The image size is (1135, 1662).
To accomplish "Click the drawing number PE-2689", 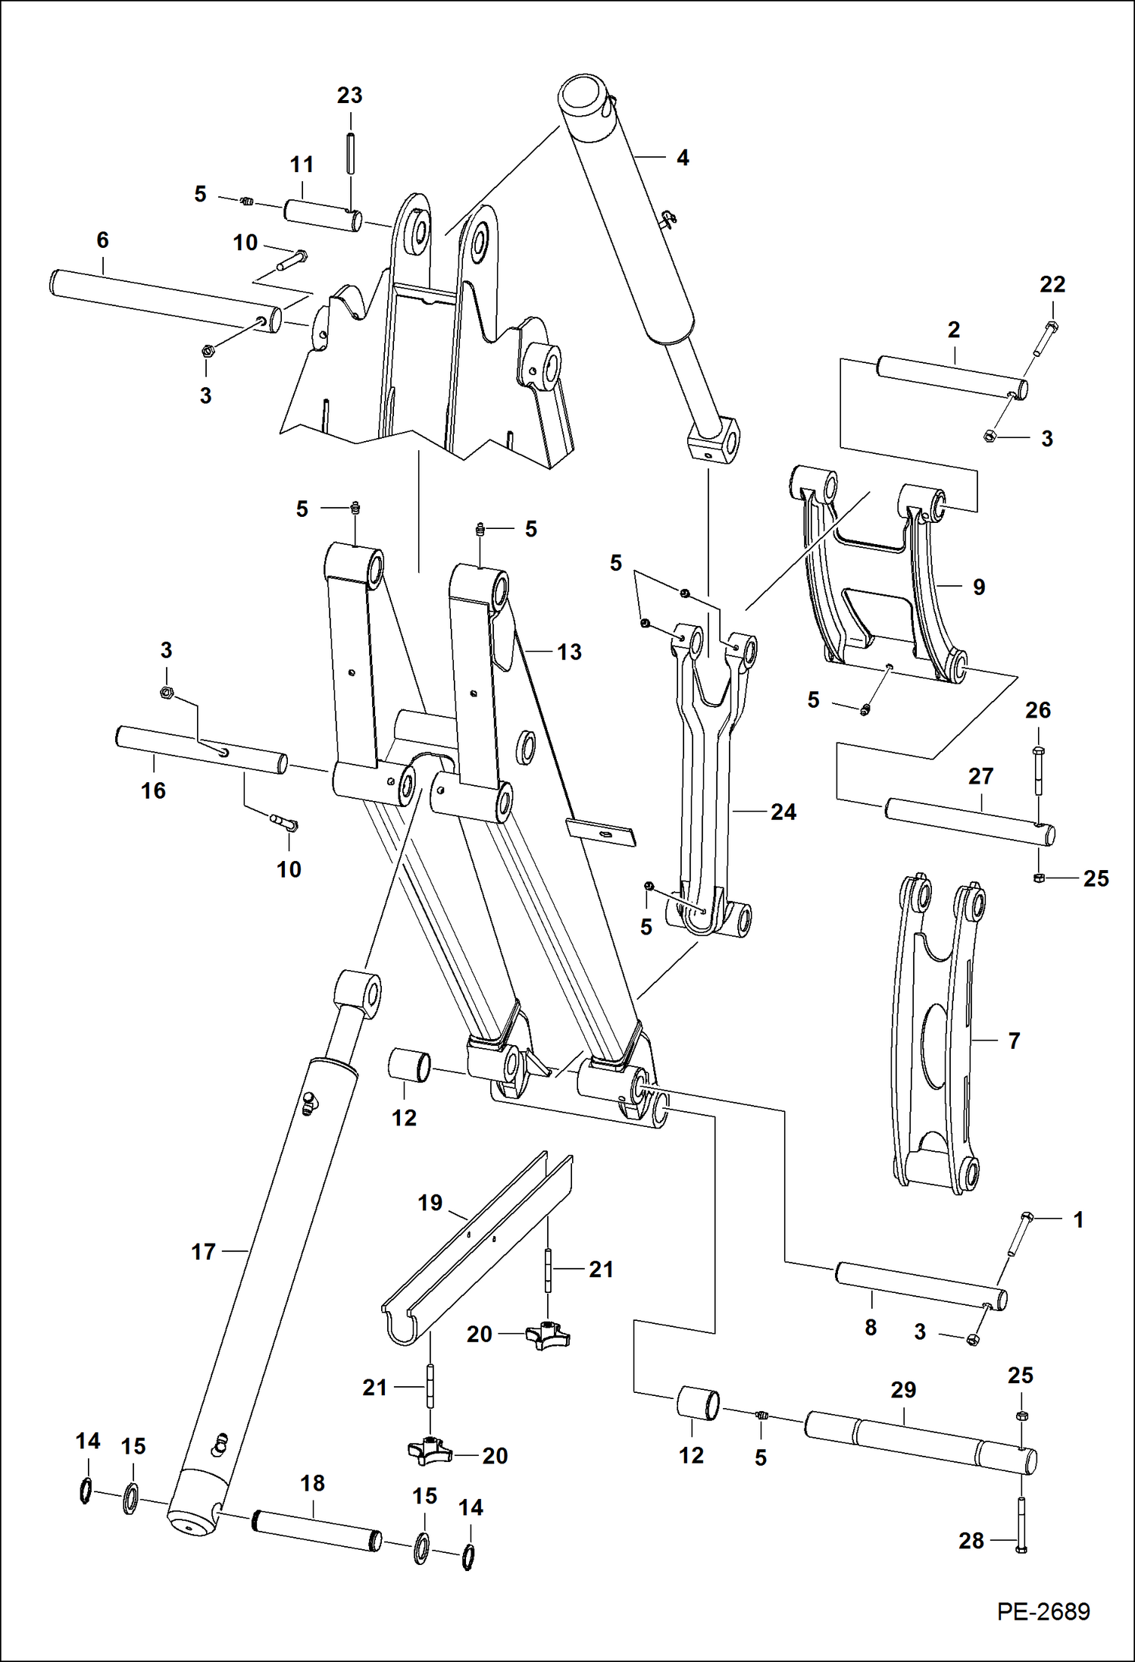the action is [x=1043, y=1610].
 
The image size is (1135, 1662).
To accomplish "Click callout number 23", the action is [x=349, y=95].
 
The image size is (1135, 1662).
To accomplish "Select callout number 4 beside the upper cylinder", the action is [x=682, y=158].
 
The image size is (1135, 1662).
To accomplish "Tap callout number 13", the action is [x=569, y=652].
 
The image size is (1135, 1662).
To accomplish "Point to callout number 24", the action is [x=783, y=812].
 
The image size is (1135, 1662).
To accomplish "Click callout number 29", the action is [x=903, y=1390].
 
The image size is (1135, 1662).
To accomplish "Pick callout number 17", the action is [x=203, y=1251].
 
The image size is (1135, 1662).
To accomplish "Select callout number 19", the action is [x=430, y=1203].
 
